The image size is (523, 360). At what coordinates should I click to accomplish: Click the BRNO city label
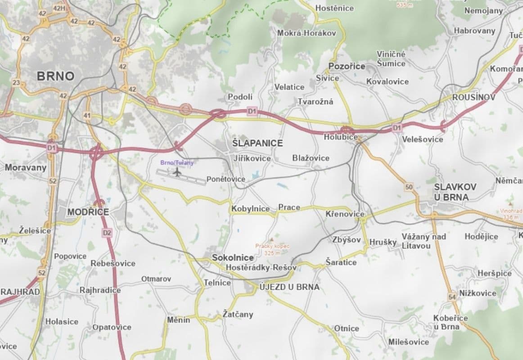[x=55, y=76]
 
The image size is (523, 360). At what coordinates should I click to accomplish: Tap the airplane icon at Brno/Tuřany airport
[x=177, y=171]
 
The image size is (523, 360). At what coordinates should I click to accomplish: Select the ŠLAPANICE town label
[x=257, y=143]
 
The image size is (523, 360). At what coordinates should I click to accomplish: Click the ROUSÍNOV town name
[x=473, y=97]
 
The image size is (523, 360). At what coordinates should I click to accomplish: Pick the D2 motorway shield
[x=107, y=233]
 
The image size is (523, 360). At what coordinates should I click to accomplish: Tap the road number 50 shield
[x=409, y=187]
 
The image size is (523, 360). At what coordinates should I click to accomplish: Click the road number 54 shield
[x=452, y=297]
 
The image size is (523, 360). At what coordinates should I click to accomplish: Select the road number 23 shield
[x=16, y=83]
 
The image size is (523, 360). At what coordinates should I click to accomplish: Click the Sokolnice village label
[x=232, y=258]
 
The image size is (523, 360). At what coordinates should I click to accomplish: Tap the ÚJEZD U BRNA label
[x=289, y=287]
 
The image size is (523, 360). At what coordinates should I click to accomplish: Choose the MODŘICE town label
[x=88, y=212]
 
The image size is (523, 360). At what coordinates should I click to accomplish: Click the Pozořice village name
[x=347, y=66]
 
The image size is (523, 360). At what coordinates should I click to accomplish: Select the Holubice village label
[x=341, y=137]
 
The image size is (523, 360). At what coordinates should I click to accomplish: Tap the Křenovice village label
[x=345, y=214]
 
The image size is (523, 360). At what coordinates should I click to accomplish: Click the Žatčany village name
[x=238, y=314]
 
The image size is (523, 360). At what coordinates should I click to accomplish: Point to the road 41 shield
[x=87, y=116]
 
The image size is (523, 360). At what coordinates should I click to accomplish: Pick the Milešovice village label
[x=409, y=342]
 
